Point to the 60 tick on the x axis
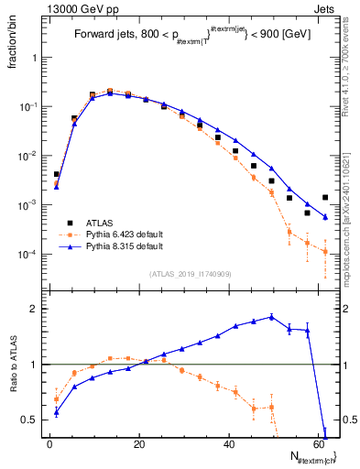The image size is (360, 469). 319,444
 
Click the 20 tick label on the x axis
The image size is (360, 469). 139,444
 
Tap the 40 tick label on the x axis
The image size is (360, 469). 229,444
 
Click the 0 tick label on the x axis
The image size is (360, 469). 49,444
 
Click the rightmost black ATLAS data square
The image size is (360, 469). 325,197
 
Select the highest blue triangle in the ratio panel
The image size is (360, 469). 271,317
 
